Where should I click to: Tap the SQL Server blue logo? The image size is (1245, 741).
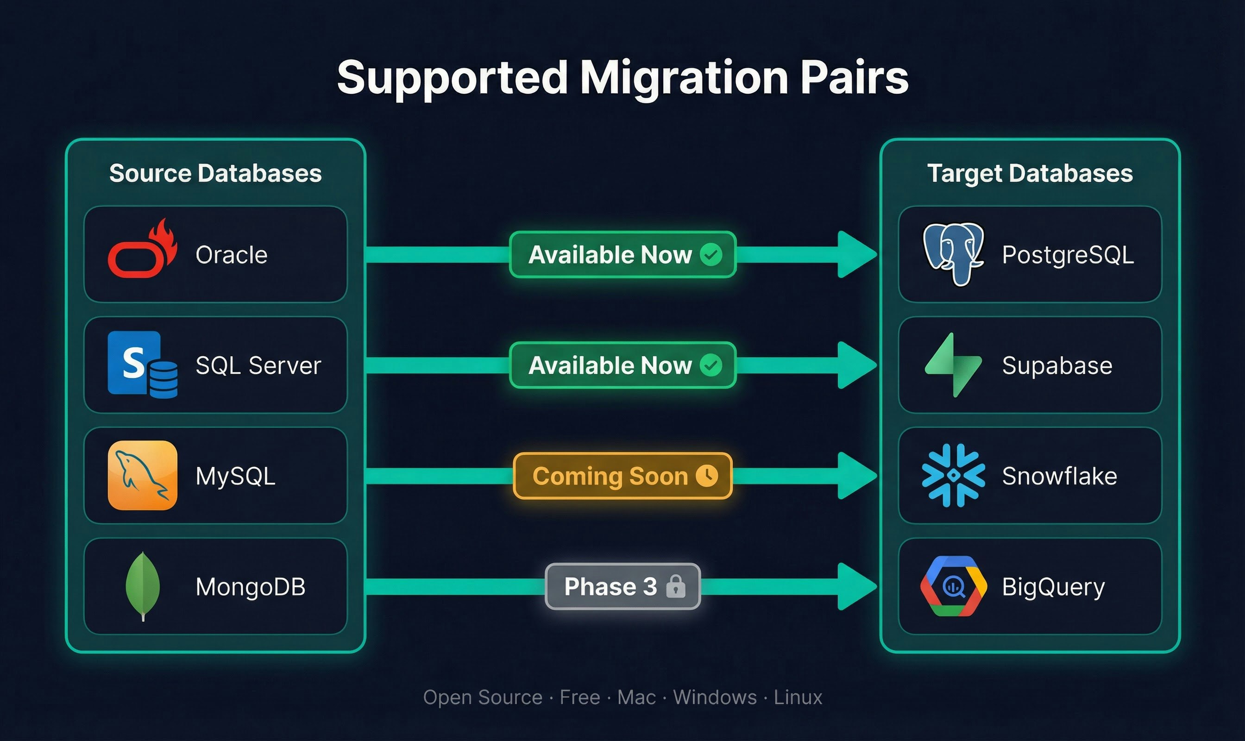tap(142, 364)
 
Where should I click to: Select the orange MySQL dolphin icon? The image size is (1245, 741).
tap(142, 475)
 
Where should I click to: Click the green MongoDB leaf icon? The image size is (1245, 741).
tap(143, 585)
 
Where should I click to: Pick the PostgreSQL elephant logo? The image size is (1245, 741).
tap(953, 254)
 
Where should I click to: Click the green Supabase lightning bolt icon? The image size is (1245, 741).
tap(953, 365)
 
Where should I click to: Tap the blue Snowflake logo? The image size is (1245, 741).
tap(953, 475)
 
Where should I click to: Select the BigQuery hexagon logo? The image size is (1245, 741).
tap(953, 586)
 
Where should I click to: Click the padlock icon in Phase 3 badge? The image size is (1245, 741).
tap(676, 586)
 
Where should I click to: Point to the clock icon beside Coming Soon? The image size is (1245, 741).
tap(707, 475)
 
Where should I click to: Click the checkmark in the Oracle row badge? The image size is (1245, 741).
tap(711, 255)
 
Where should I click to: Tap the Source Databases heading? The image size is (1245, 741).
tap(215, 173)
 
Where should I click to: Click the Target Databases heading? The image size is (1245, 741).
tap(1030, 173)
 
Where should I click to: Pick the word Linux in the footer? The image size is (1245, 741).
tap(798, 697)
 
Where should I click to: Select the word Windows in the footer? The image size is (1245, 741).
tap(715, 697)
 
